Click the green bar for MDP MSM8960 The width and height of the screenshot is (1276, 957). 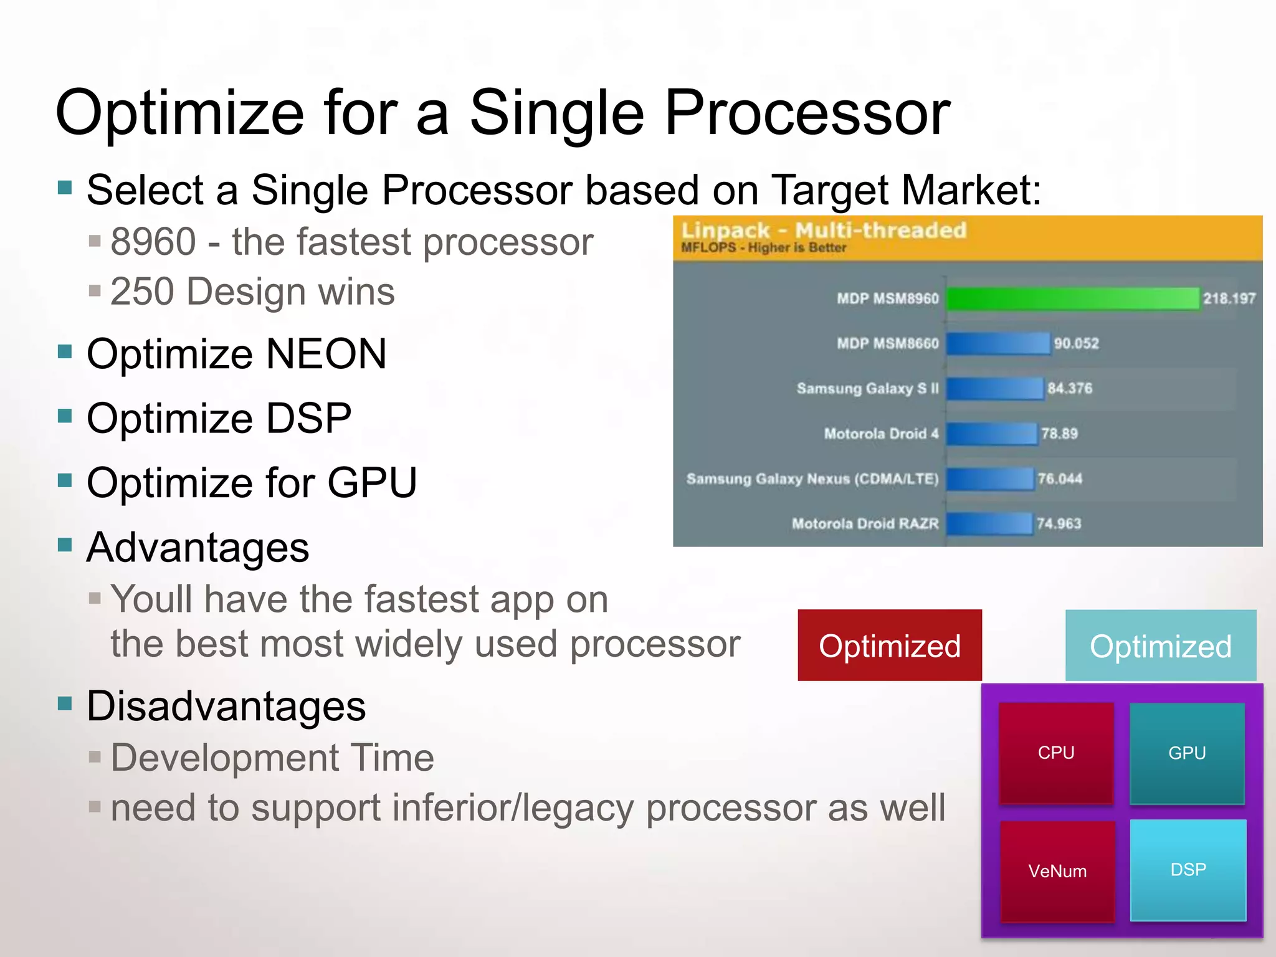click(x=1072, y=298)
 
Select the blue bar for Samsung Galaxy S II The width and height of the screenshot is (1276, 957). click(x=994, y=388)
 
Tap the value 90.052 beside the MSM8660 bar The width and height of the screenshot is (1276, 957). click(x=1076, y=343)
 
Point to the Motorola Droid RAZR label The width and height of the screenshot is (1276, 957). click(x=865, y=523)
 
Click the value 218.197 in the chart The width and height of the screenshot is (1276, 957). click(x=1229, y=298)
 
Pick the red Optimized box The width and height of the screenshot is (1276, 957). click(x=889, y=645)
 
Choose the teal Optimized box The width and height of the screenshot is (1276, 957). click(x=1160, y=645)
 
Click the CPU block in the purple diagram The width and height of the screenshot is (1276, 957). click(x=1056, y=753)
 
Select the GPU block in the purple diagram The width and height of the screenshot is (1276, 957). click(x=1187, y=753)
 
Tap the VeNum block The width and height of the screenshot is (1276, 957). click(x=1057, y=870)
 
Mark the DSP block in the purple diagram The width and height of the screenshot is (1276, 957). click(x=1188, y=869)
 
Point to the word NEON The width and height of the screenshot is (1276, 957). click(x=326, y=354)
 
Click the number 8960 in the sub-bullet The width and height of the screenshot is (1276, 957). click(x=153, y=242)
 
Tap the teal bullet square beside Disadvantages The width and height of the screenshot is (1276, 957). click(x=65, y=703)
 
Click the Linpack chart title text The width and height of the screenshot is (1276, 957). click(x=824, y=231)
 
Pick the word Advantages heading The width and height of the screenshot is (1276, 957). click(x=198, y=548)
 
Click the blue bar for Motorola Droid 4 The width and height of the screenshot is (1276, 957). click(x=991, y=434)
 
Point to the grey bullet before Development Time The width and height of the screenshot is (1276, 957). click(x=95, y=757)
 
